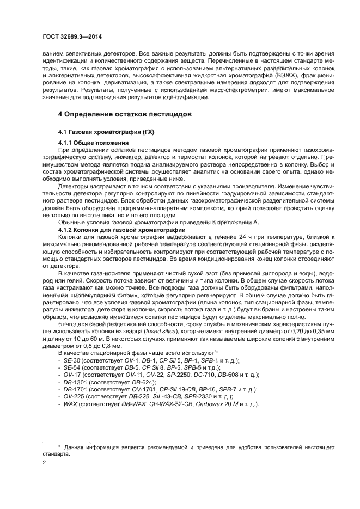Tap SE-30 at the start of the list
(71, 360)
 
